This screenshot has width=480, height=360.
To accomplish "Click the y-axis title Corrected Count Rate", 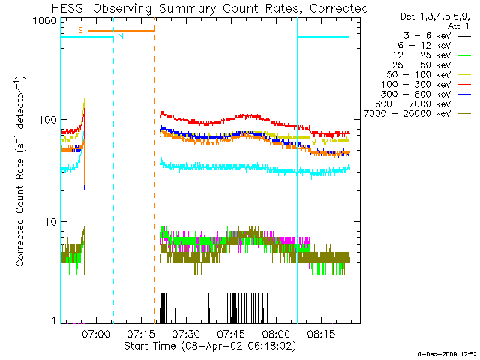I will (22, 172).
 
